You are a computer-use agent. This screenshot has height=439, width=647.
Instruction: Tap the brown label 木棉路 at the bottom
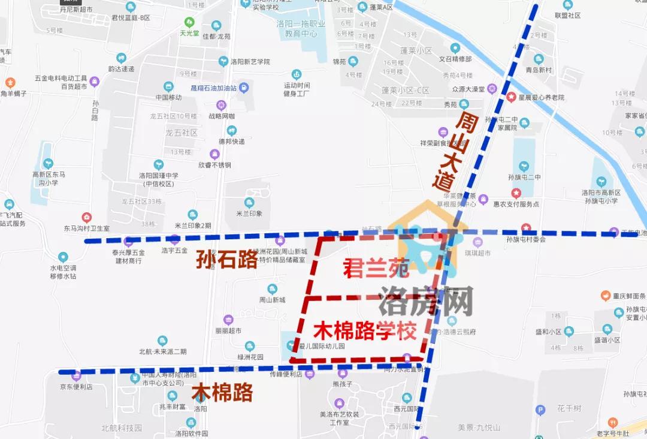(x=222, y=393)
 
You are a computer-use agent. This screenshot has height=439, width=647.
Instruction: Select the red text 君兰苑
(x=376, y=269)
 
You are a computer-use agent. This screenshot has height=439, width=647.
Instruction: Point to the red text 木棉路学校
(x=365, y=330)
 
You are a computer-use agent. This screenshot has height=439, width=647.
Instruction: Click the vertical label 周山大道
(x=457, y=150)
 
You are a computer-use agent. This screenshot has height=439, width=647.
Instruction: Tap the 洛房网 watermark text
(x=426, y=300)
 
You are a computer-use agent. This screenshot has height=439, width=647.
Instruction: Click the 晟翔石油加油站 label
(x=213, y=88)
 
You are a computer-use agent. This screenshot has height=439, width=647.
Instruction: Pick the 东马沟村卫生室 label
(x=87, y=228)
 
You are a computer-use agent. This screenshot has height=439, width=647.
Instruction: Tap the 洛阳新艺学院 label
(x=250, y=62)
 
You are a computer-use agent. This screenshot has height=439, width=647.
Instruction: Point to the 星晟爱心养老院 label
(x=542, y=97)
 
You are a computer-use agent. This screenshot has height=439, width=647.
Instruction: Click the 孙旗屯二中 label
(x=524, y=177)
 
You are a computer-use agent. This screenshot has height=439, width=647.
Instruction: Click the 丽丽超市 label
(x=228, y=330)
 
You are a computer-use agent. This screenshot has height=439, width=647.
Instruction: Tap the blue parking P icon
(x=540, y=410)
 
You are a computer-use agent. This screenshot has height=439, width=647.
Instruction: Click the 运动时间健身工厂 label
(x=297, y=89)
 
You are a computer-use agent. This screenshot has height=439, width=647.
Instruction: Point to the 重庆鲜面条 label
(x=624, y=296)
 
